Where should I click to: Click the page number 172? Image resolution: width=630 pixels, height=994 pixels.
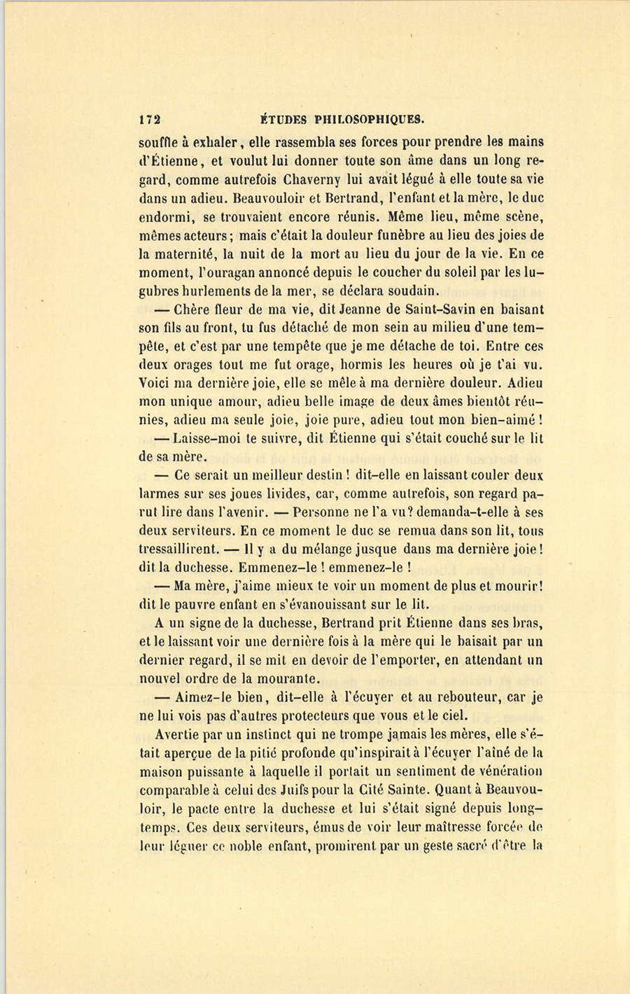click(x=150, y=119)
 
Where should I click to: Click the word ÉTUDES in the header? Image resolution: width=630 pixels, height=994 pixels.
click(x=282, y=119)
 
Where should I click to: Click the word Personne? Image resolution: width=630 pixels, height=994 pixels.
click(x=321, y=513)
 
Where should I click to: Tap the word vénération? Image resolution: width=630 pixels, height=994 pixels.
click(x=509, y=771)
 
